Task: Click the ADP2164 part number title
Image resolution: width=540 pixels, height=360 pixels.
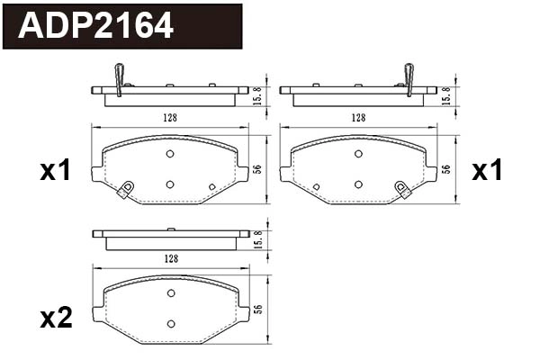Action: (x=95, y=25)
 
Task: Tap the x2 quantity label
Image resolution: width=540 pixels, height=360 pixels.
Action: (x=56, y=318)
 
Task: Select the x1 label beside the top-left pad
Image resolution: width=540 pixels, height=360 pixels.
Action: (x=55, y=170)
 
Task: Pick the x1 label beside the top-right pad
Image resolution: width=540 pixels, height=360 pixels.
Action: (x=487, y=170)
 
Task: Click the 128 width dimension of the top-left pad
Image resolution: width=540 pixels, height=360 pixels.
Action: (x=170, y=118)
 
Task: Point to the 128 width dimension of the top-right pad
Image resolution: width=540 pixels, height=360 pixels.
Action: (x=358, y=118)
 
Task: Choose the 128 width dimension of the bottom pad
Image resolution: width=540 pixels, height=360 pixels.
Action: (x=171, y=258)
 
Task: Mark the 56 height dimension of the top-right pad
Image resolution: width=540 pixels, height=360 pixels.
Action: (x=445, y=169)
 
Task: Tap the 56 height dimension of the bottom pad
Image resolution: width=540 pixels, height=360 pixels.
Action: (x=258, y=309)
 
